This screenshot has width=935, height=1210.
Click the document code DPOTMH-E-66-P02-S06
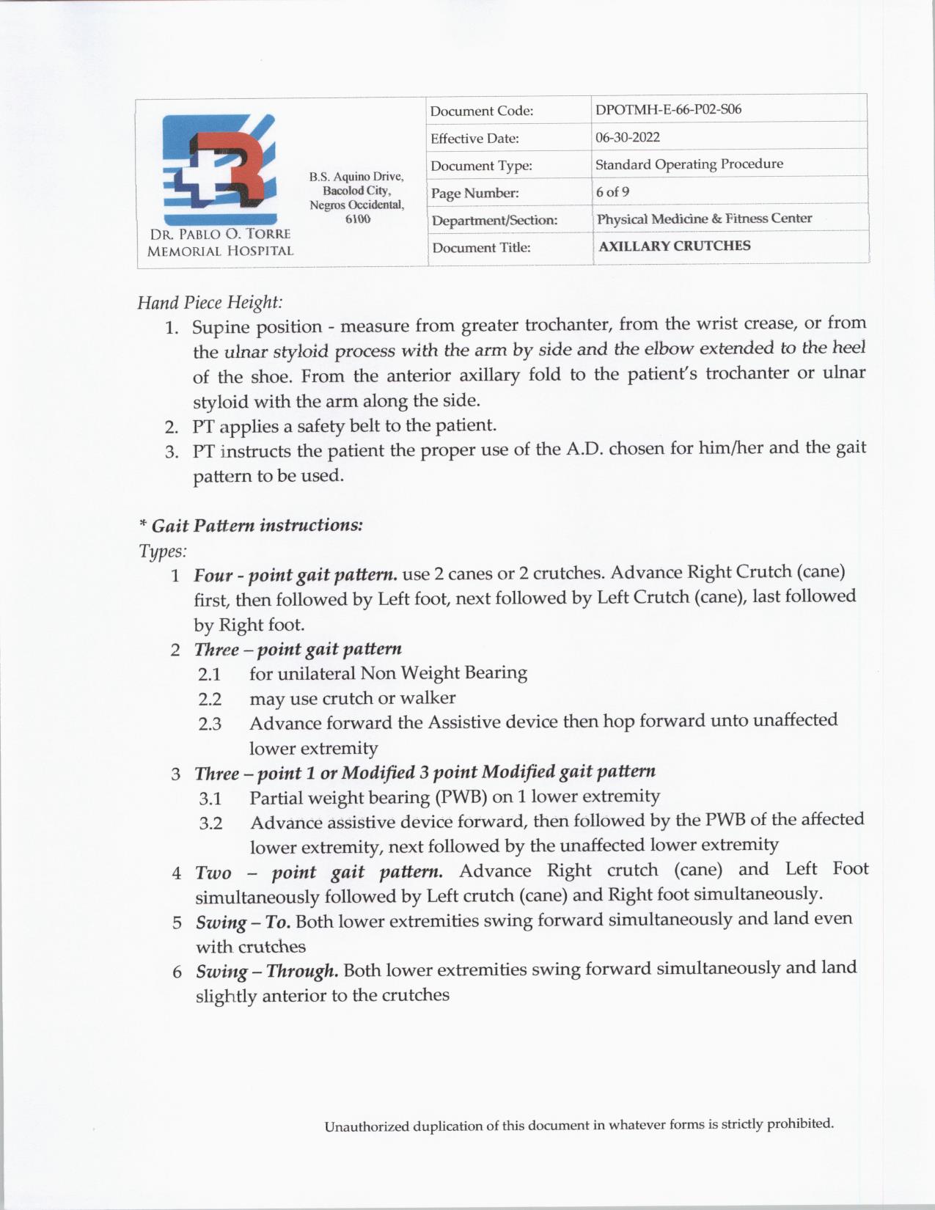[668, 110]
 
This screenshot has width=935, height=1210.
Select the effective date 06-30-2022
[628, 137]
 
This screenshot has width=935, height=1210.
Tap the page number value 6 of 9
[612, 192]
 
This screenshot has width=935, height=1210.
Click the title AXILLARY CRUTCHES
[675, 246]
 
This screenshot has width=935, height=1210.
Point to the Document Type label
[481, 166]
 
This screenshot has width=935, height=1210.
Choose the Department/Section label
[494, 221]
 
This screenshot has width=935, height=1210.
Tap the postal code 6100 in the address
[357, 219]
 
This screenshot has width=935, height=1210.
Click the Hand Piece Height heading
[210, 302]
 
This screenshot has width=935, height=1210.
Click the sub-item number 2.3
[210, 725]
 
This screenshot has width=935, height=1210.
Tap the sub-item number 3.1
[210, 799]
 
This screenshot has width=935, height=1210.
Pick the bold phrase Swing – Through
[267, 972]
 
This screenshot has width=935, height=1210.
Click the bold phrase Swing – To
[243, 923]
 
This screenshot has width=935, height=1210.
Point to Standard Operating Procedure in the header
[689, 164]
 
